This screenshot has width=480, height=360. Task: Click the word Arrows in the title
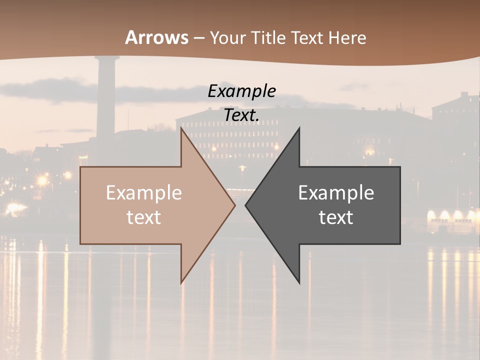[x=157, y=37]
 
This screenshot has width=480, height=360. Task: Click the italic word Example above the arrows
[x=242, y=91]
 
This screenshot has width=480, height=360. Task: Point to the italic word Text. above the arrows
[x=242, y=115]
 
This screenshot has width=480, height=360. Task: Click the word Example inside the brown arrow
[x=144, y=193]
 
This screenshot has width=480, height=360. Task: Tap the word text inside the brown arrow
[x=144, y=217]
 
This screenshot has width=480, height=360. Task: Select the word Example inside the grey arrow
[x=336, y=193]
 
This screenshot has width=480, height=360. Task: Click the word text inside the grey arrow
[x=336, y=217]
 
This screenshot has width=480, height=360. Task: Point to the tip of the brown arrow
[x=234, y=205]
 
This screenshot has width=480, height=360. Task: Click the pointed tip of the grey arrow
[x=246, y=205]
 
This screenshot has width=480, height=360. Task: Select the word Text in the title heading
[x=307, y=37]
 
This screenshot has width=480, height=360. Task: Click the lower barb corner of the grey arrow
[x=299, y=283]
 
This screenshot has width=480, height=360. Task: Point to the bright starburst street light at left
[x=42, y=179]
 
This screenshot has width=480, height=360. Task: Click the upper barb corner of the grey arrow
[x=299, y=128]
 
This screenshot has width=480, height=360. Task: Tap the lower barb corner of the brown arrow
[x=181, y=283]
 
